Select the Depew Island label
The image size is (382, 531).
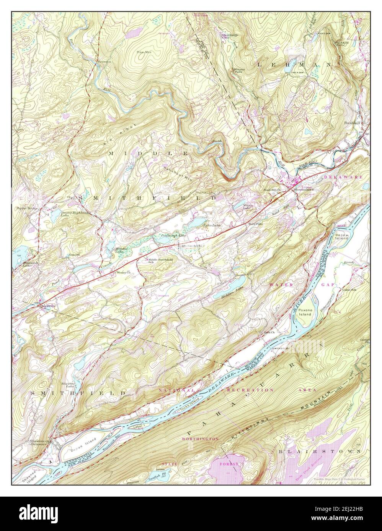pyautogui.click(x=341, y=236)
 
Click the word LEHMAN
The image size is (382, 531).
pyautogui.click(x=294, y=65)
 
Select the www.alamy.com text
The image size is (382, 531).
pyautogui.click(x=347, y=519)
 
